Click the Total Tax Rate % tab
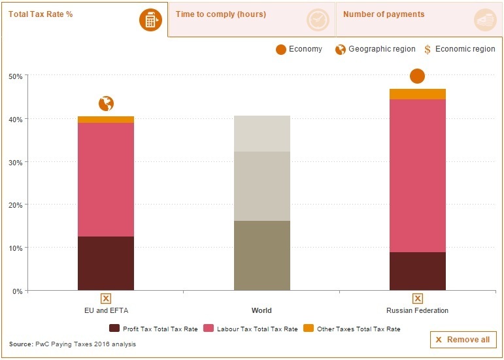coord(41,14)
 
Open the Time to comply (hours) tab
coord(220,14)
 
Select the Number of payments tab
coord(383,14)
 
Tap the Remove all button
coord(463,340)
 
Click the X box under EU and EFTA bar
coord(106,299)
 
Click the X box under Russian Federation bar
coord(418,299)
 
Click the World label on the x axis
coord(261,310)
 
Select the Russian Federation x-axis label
coord(418,310)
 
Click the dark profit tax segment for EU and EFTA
coord(106,263)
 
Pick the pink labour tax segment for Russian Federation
coord(418,175)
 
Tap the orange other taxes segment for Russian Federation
coord(418,94)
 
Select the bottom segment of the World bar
coord(261,255)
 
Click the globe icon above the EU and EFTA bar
coord(106,103)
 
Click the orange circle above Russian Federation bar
coord(418,76)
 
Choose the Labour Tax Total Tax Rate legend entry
coord(251,329)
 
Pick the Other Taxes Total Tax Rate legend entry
coord(352,329)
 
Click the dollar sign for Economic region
coord(428,50)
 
